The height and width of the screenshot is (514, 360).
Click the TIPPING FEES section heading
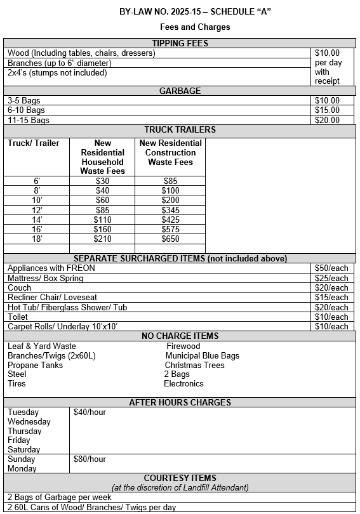(x=180, y=43)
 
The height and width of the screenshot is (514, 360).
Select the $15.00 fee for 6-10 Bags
(x=327, y=110)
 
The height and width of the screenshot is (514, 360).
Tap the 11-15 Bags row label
(x=28, y=120)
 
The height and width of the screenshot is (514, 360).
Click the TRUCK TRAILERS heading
(x=180, y=129)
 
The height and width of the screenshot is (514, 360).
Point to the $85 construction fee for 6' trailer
(x=170, y=181)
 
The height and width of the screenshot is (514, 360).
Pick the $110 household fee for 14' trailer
(x=102, y=220)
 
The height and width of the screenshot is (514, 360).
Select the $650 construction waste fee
(x=170, y=239)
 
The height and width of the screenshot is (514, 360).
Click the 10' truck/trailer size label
(x=37, y=201)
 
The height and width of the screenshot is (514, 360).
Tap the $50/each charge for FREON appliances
(x=331, y=268)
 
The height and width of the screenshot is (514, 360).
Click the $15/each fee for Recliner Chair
(x=331, y=297)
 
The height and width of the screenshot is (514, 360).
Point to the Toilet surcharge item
(x=18, y=317)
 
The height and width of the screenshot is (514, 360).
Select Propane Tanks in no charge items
(x=35, y=365)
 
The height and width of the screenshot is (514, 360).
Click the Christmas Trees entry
(x=194, y=365)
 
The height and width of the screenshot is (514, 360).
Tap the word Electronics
(x=183, y=383)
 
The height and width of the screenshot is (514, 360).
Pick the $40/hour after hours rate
(x=90, y=412)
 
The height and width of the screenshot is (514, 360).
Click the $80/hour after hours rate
(x=90, y=459)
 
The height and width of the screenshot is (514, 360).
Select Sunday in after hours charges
(x=22, y=459)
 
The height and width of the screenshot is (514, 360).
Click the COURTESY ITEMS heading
(x=180, y=478)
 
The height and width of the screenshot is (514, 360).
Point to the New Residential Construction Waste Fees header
(x=170, y=152)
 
